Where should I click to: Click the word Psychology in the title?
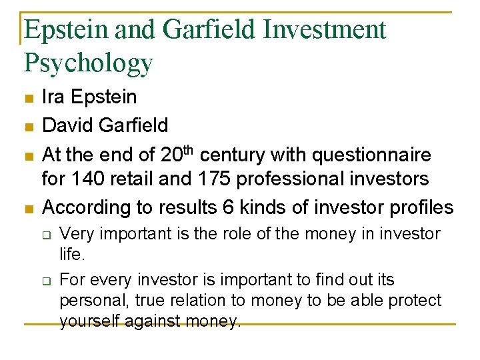(88, 63)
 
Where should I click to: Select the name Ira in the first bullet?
(53, 97)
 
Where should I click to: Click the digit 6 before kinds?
(204, 207)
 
